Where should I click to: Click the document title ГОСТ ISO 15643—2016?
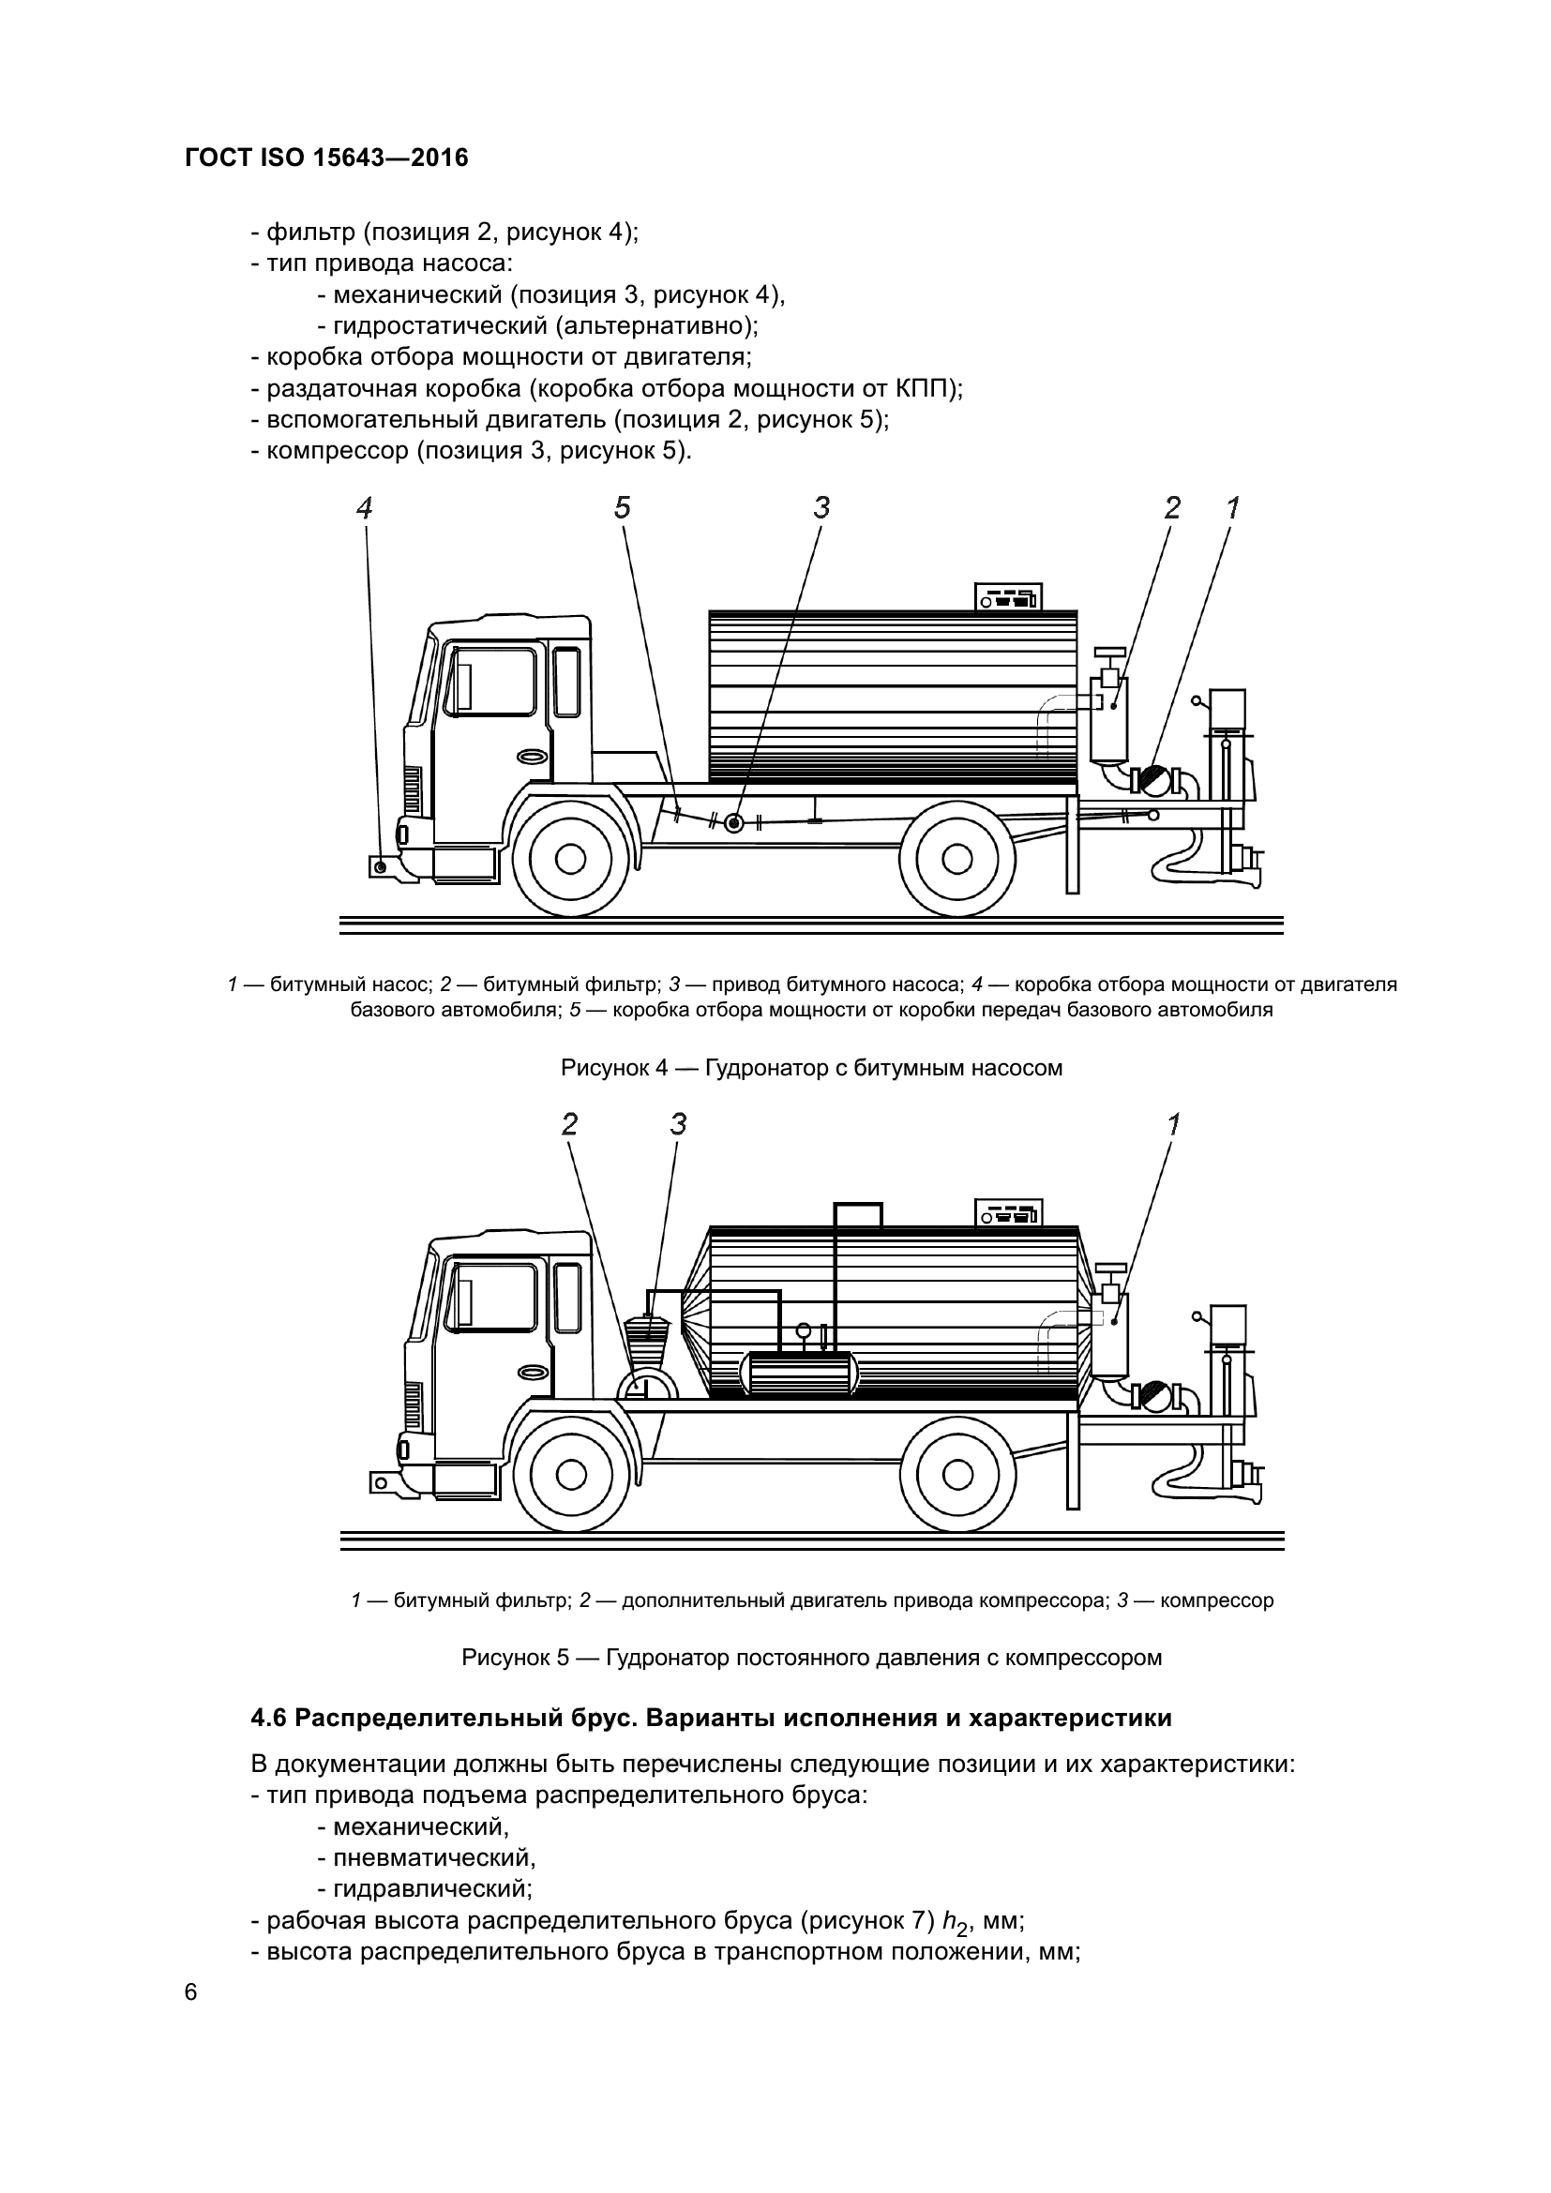(326, 158)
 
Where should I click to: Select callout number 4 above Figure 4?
(364, 508)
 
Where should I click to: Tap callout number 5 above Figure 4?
(622, 508)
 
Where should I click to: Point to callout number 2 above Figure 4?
(1173, 508)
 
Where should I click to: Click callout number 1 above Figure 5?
(1174, 1125)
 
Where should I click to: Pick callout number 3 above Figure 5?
(678, 1125)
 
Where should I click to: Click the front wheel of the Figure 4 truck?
(570, 859)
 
